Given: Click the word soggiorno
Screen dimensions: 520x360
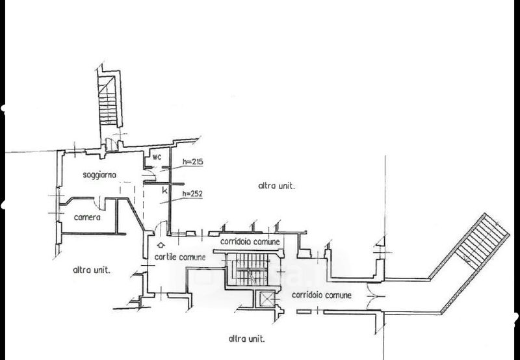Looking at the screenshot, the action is point(100,175).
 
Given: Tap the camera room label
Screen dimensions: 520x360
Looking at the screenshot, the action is point(86,217).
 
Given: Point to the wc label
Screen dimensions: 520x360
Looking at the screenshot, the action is point(157,157).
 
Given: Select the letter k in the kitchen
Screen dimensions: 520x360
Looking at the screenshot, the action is point(164,192).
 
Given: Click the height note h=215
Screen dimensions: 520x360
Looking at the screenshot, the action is point(193,162).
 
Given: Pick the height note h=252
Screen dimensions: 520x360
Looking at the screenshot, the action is point(193,194).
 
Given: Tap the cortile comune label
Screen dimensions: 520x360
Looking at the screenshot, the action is point(180,257).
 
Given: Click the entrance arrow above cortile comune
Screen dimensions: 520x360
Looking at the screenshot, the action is point(161,246).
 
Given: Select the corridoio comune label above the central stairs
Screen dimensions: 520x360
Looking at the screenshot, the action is point(250,242).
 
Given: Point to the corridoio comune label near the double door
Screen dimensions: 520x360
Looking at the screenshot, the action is point(321,295).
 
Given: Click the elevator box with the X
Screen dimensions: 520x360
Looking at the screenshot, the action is point(266,300).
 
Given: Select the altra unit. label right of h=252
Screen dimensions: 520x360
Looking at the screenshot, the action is point(277,186).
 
